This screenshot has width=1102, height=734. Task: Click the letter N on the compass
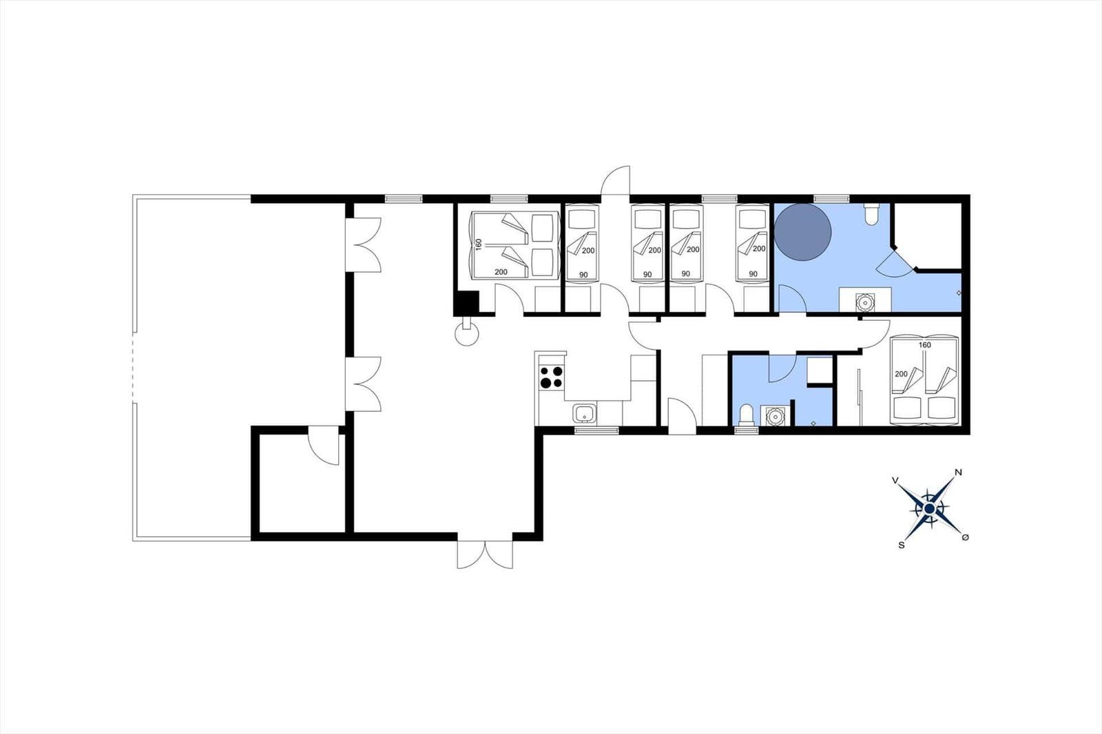(958, 473)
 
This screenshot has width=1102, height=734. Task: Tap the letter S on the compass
(902, 545)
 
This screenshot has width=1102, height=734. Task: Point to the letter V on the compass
(895, 480)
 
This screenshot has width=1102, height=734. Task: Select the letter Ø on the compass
(965, 537)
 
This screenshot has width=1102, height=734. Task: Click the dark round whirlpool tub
(803, 232)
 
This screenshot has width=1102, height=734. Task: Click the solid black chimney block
(466, 303)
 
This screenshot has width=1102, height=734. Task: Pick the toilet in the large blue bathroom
(871, 214)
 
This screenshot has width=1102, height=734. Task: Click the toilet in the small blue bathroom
(747, 415)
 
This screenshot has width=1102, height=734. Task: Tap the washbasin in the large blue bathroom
(865, 302)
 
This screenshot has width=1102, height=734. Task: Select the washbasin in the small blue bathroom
(776, 416)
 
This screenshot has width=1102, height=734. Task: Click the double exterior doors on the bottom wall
(485, 555)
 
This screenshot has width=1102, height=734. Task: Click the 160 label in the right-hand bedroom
(925, 345)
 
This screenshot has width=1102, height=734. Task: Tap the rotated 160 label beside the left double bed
(479, 244)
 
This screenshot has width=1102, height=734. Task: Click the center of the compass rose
(929, 509)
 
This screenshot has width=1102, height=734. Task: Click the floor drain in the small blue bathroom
(813, 423)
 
